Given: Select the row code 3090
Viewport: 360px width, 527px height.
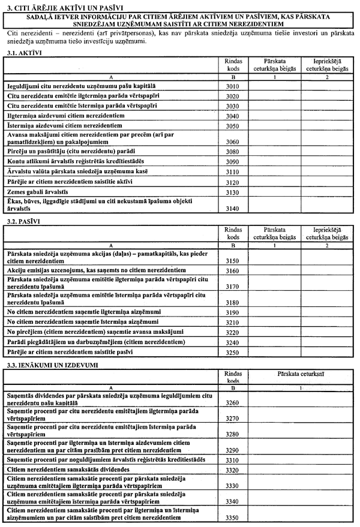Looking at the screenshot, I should tap(232, 161).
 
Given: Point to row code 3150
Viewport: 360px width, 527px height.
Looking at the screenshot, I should tap(232, 261).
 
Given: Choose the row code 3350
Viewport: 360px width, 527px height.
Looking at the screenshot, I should tap(232, 517).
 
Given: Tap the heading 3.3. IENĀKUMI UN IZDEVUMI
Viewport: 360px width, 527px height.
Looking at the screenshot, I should tap(48, 365).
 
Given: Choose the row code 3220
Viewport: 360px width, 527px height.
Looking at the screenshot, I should tap(232, 331).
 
